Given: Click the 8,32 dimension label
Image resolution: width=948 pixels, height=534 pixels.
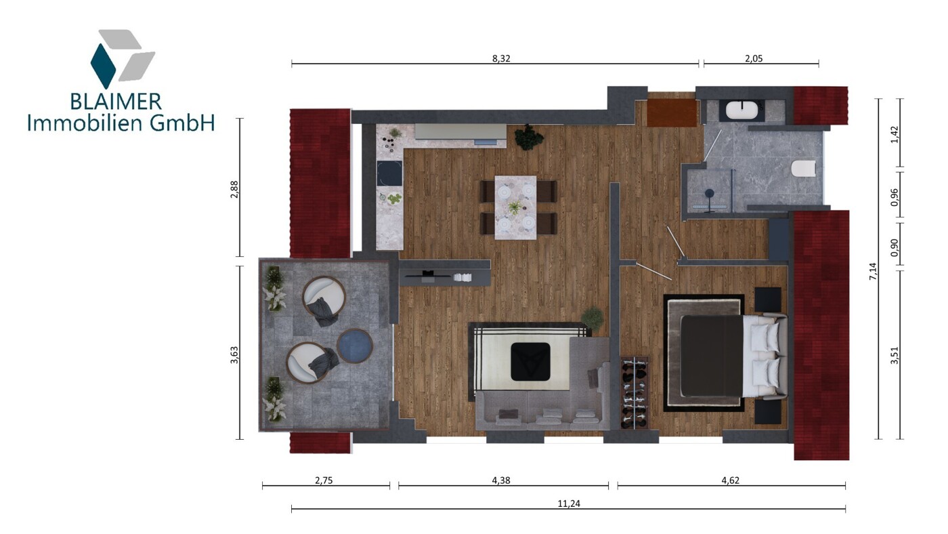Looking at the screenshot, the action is click(x=501, y=58).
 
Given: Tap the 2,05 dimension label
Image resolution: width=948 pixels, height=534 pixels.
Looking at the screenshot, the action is click(x=754, y=58).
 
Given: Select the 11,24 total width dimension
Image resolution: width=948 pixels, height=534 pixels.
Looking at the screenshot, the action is click(x=569, y=504).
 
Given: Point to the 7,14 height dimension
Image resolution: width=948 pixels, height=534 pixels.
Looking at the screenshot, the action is click(x=873, y=271).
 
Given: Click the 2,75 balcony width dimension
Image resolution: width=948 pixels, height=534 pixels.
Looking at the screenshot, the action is click(x=324, y=480).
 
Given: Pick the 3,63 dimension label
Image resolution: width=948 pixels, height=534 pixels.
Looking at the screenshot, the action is click(x=234, y=355).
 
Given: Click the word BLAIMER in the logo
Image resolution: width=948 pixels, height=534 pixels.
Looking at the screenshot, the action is click(x=116, y=102).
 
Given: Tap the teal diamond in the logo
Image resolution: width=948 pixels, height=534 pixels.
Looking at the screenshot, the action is click(x=103, y=66).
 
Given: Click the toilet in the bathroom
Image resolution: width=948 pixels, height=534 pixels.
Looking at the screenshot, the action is click(x=803, y=169).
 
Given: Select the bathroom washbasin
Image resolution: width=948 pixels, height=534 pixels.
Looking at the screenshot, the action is click(x=742, y=110).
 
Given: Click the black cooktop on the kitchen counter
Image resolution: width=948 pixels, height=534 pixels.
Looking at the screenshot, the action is click(x=389, y=173).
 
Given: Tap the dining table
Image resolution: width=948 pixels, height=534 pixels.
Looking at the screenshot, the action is click(x=515, y=207).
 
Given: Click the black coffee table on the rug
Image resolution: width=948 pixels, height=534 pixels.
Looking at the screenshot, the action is click(x=530, y=361).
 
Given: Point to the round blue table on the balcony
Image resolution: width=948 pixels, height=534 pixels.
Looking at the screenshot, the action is click(x=355, y=346).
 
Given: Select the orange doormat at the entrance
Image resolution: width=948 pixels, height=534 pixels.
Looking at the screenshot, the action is click(x=672, y=112).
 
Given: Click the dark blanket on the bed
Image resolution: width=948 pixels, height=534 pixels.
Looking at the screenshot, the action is click(x=712, y=356).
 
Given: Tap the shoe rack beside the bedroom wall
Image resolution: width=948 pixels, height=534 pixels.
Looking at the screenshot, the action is click(x=634, y=392).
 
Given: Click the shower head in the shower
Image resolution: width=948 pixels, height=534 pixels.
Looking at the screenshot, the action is click(x=710, y=194).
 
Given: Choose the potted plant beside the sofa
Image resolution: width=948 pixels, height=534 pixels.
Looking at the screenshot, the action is click(x=592, y=318).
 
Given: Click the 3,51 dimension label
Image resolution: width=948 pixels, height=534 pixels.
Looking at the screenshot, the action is click(x=894, y=355).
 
